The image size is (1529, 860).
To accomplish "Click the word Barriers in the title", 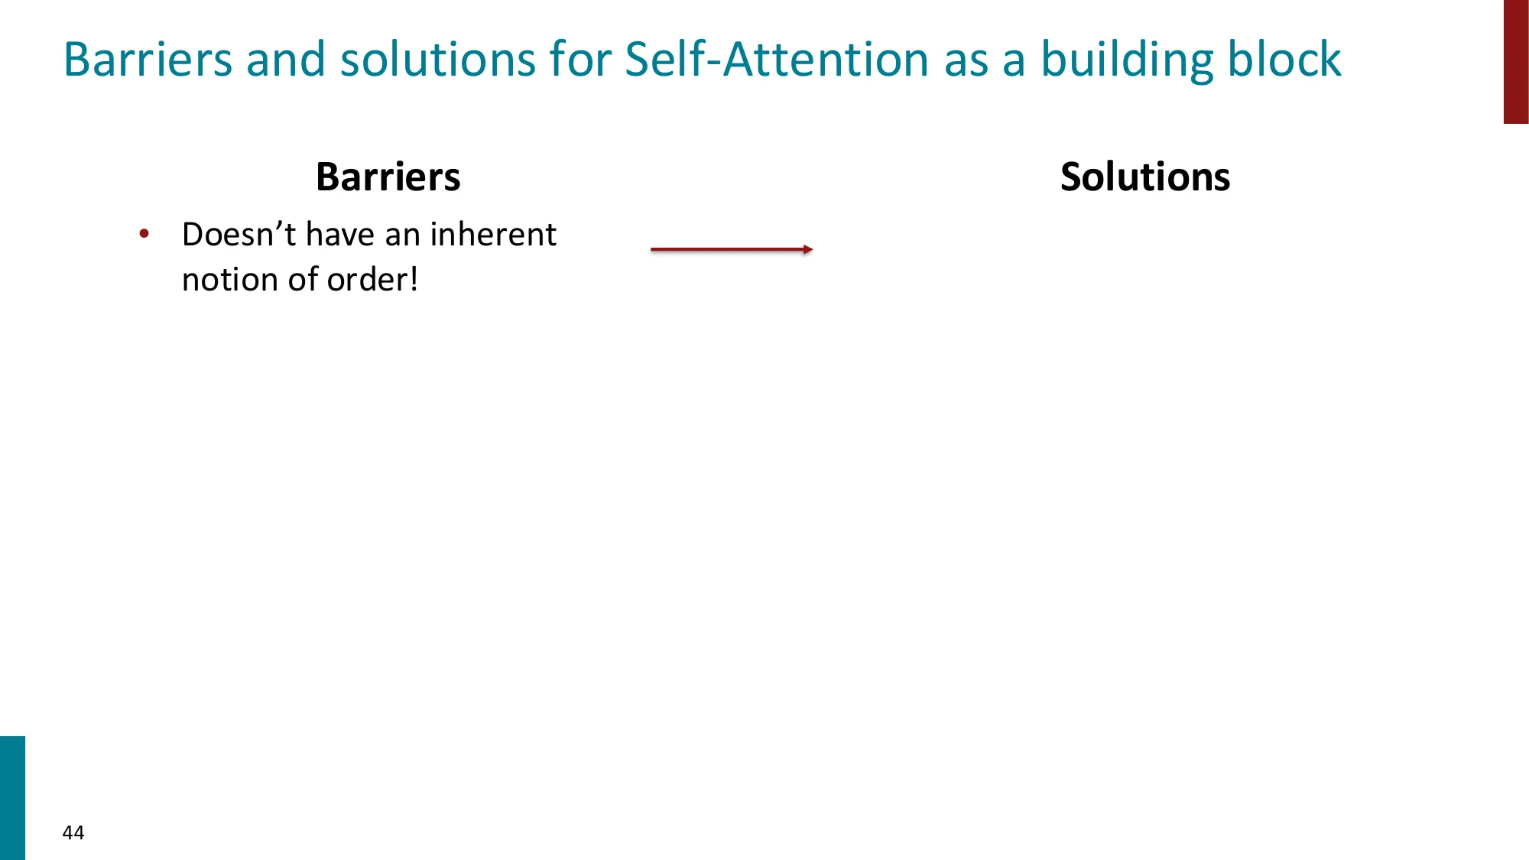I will [148, 60].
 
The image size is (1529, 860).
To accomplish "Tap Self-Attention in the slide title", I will [776, 60].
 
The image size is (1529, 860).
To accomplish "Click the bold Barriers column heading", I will [388, 177].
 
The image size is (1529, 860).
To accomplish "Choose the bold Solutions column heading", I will [1144, 177].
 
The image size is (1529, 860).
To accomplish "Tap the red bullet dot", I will [144, 234].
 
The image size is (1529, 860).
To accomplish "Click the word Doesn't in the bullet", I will [239, 235].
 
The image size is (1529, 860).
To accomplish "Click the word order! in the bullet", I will [372, 280].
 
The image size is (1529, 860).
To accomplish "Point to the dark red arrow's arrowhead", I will [808, 249].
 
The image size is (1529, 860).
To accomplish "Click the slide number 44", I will [73, 832].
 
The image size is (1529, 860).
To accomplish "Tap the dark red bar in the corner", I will [1516, 61].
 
